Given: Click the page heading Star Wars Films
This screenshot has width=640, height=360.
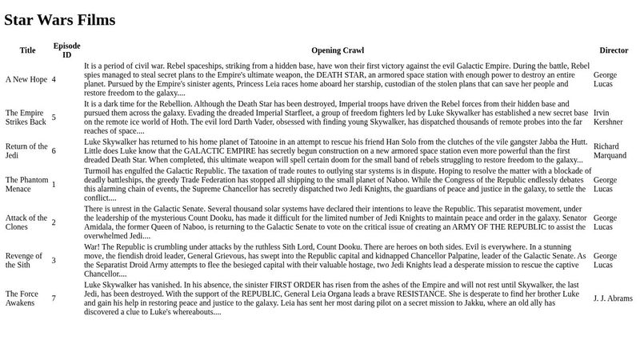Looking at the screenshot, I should pos(60,20).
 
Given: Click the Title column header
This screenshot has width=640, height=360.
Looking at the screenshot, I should pos(27,50).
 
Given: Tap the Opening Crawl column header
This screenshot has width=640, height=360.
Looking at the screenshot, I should pos(337,50).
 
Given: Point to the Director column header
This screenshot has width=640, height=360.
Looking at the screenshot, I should pos(614,50).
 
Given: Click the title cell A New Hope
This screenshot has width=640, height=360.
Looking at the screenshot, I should pos(26,79).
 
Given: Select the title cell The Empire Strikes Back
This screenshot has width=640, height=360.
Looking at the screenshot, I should pos(26,117).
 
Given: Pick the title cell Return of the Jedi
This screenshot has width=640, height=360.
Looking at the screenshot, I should pos(26,150).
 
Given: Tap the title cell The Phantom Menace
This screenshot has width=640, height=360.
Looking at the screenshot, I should pos(27,184).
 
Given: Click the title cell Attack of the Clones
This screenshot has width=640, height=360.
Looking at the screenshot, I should pos(26,222).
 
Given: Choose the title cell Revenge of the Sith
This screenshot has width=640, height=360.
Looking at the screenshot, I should pos(24,259).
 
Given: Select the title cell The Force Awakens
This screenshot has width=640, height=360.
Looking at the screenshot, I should pos(22,298).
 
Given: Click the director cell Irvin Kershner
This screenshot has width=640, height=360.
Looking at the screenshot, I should pos(608,117).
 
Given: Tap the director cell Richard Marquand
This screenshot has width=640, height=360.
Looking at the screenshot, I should pos(610,150).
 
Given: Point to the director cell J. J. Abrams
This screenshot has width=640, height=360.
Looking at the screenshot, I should pos(613,298).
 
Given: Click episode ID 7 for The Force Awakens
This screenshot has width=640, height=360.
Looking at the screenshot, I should pos(54,298).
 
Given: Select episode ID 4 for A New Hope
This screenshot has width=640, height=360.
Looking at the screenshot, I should pos(54,79).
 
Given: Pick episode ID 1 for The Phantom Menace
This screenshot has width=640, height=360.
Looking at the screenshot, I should pos(54,184).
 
